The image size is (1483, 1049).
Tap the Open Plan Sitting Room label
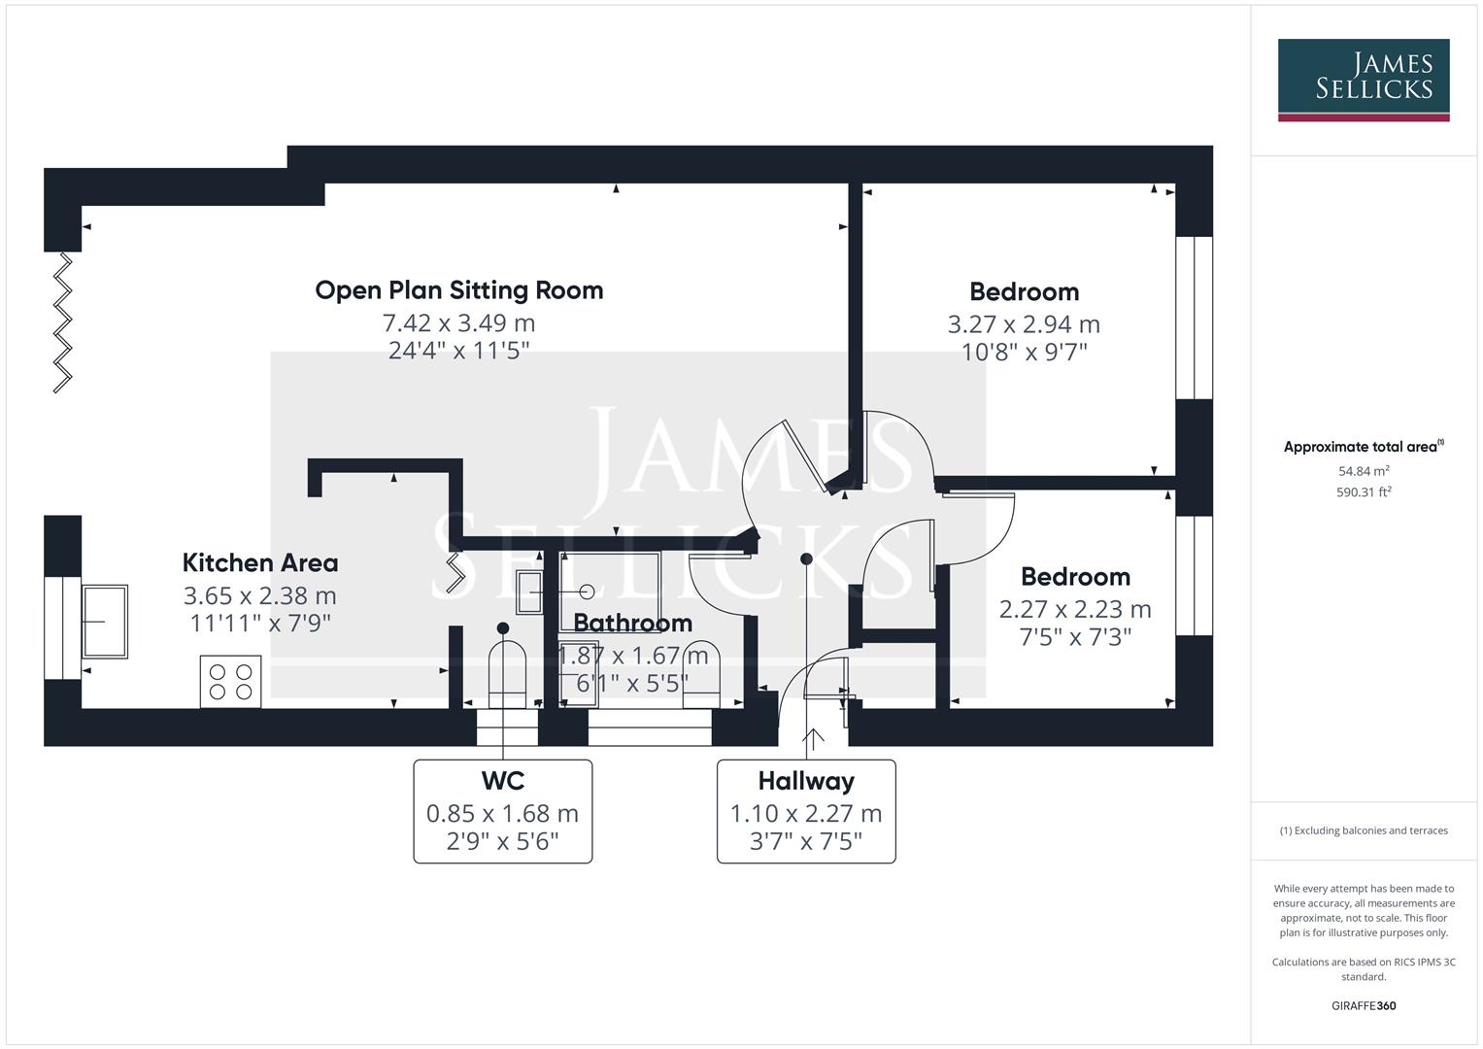click(458, 290)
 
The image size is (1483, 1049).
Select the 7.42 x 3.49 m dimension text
click(458, 322)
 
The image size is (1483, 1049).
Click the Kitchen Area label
click(260, 563)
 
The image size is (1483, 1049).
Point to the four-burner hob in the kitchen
click(230, 682)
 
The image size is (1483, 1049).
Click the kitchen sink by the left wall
click(105, 621)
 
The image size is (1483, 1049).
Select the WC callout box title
click(502, 781)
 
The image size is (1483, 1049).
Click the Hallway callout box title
click(806, 781)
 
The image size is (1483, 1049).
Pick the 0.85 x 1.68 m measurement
click(502, 814)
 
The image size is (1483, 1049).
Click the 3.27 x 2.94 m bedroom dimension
click(1024, 324)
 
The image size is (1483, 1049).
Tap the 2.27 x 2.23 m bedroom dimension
click(1075, 610)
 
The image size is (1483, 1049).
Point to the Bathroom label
click(632, 623)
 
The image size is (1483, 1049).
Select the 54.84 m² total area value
click(1363, 471)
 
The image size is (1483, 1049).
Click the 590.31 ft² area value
click(1363, 492)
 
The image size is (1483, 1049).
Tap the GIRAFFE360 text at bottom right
click(1363, 1005)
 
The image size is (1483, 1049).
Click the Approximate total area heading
click(1362, 447)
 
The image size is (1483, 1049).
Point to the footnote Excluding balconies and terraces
click(1363, 830)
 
